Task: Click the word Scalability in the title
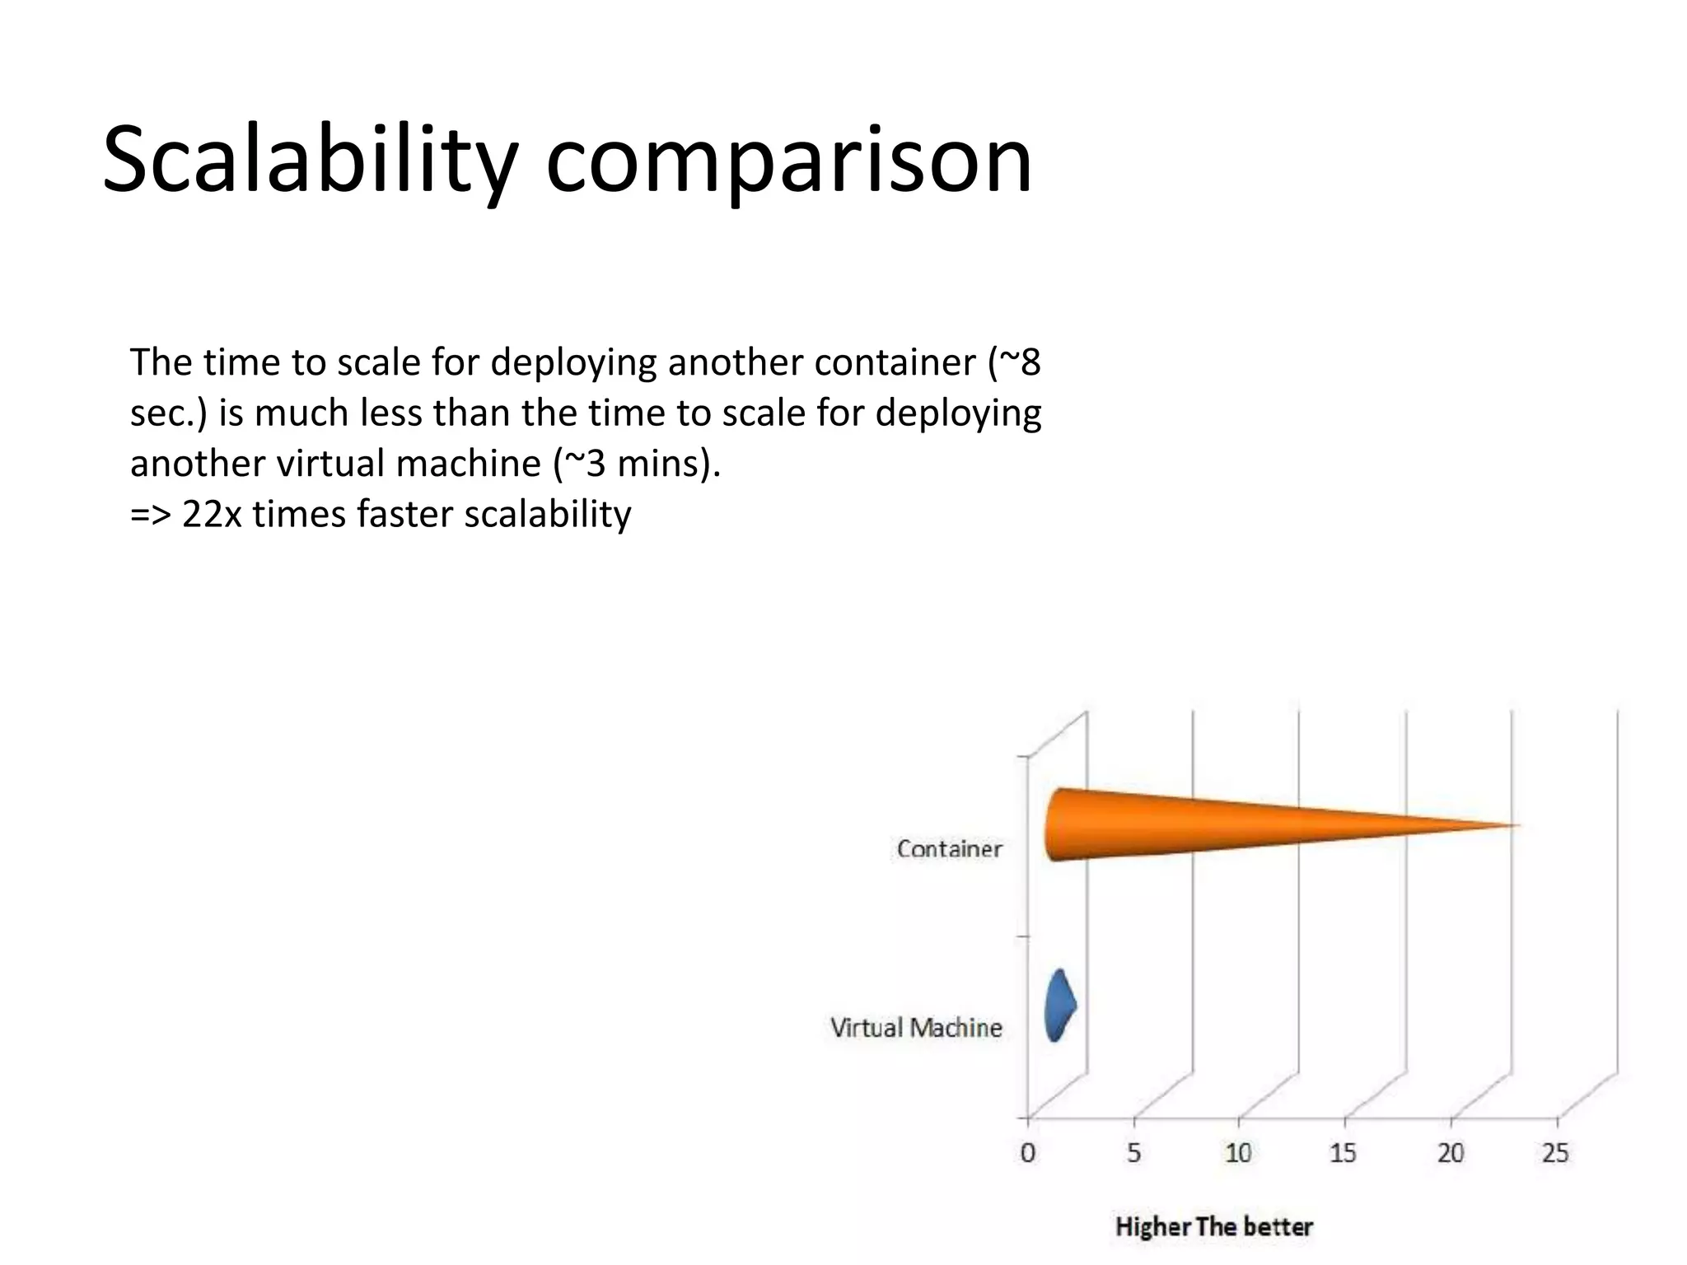(x=309, y=161)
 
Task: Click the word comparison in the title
(x=788, y=161)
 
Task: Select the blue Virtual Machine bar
(x=1058, y=1006)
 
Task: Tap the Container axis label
(x=949, y=849)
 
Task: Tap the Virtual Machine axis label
(x=915, y=1028)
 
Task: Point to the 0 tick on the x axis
(x=1027, y=1153)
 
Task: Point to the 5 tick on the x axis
(x=1133, y=1153)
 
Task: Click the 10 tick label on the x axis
(x=1238, y=1153)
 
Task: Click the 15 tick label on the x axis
(x=1343, y=1153)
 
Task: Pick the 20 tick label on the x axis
(x=1450, y=1153)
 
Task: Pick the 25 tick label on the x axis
(x=1555, y=1153)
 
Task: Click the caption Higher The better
(x=1213, y=1227)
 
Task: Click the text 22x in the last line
(x=212, y=515)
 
